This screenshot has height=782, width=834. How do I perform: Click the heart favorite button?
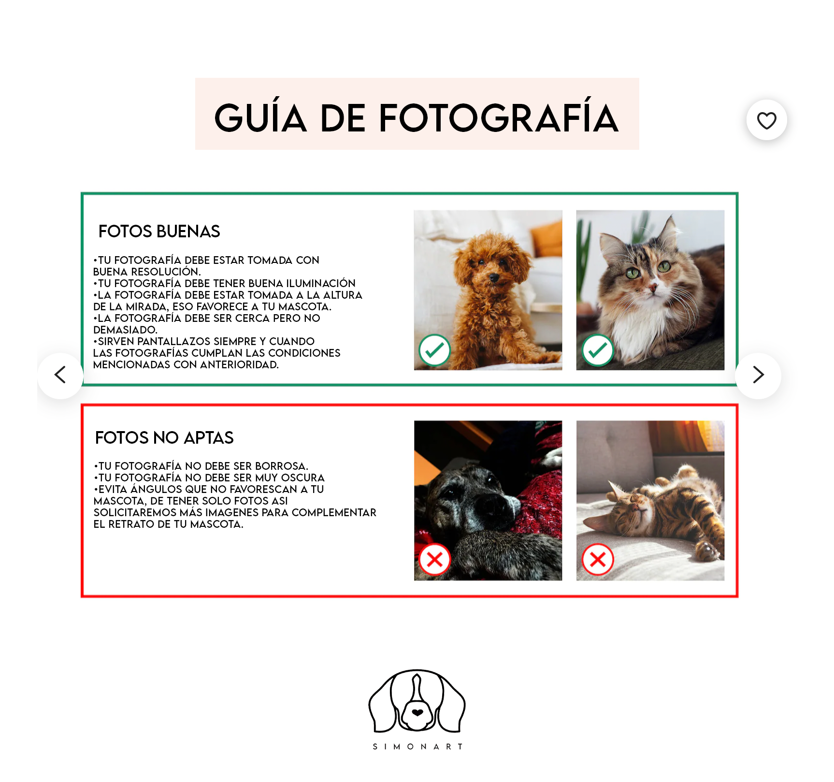766,120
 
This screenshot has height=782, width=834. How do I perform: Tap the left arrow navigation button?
60,376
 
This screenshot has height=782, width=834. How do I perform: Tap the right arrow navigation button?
758,376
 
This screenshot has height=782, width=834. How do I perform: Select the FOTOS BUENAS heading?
159,232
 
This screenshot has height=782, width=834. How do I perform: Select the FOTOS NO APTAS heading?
164,438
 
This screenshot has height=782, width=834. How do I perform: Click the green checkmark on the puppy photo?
434,350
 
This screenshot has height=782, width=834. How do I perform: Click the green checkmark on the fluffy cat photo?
598,350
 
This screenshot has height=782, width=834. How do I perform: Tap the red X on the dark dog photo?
434,560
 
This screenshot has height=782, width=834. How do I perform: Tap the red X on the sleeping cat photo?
598,560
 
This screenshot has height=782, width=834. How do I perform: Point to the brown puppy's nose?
493,277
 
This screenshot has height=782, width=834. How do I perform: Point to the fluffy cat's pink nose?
653,288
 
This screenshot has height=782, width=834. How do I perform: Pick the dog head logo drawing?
417,701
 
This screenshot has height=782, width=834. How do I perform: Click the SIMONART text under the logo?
417,747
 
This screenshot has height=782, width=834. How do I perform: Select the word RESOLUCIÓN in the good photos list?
166,272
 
